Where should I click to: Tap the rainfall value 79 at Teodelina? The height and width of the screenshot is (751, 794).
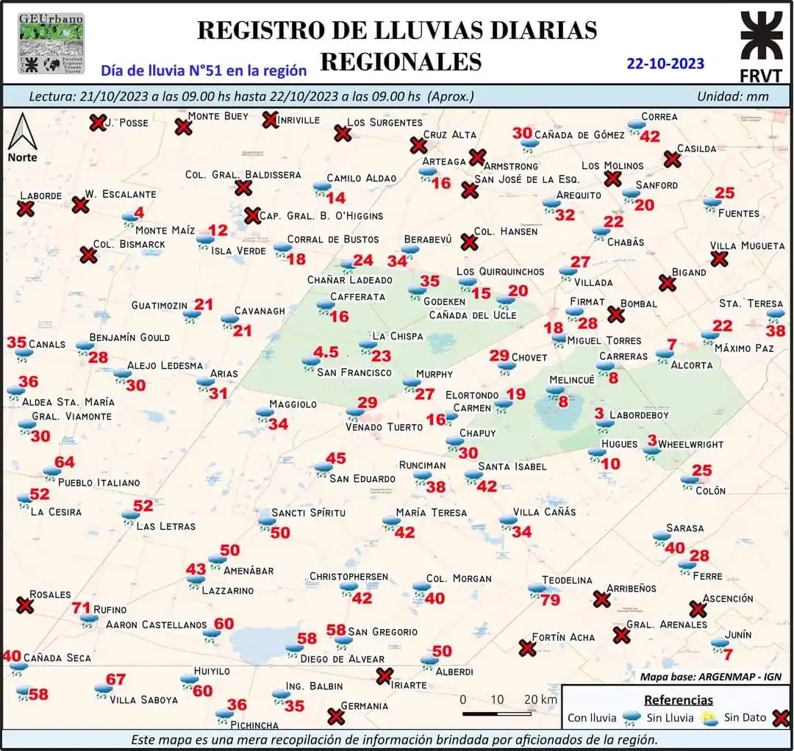pos(550,600)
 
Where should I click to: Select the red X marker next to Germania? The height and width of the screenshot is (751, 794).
pos(336,715)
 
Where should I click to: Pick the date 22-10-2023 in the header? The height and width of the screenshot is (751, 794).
pos(665,63)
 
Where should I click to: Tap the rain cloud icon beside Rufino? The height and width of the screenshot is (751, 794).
pos(90,619)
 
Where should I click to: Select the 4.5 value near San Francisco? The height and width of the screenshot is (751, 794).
pos(326,352)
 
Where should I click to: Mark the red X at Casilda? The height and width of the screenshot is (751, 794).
pos(671,159)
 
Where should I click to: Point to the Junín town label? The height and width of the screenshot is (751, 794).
pos(737,634)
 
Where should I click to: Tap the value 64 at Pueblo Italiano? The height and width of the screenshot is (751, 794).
pos(65,462)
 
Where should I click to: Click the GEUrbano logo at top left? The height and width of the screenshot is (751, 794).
pos(51,43)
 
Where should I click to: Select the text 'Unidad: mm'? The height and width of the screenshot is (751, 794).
pos(733,96)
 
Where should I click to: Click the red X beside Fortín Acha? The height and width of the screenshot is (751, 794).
pos(526,648)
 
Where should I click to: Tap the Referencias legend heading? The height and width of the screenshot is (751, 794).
pos(679,700)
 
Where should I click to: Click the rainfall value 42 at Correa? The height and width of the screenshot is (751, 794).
pos(650,136)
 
